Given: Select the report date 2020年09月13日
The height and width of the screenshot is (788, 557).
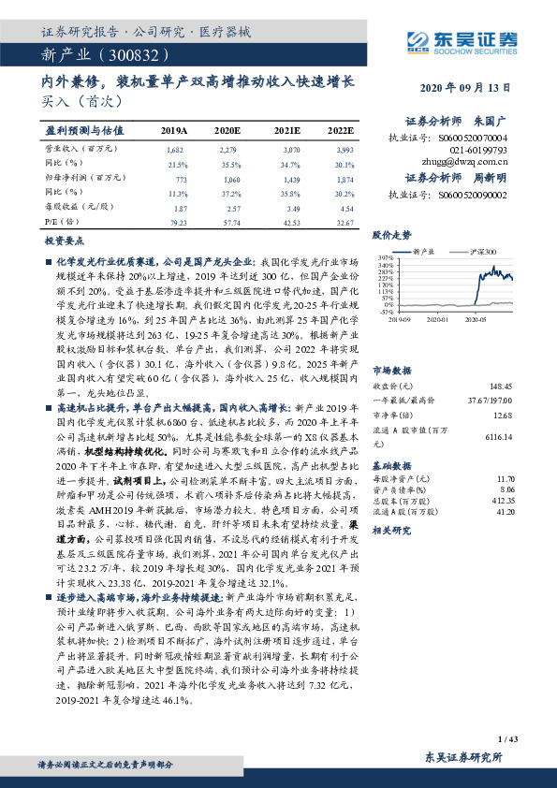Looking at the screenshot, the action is [x=464, y=87].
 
